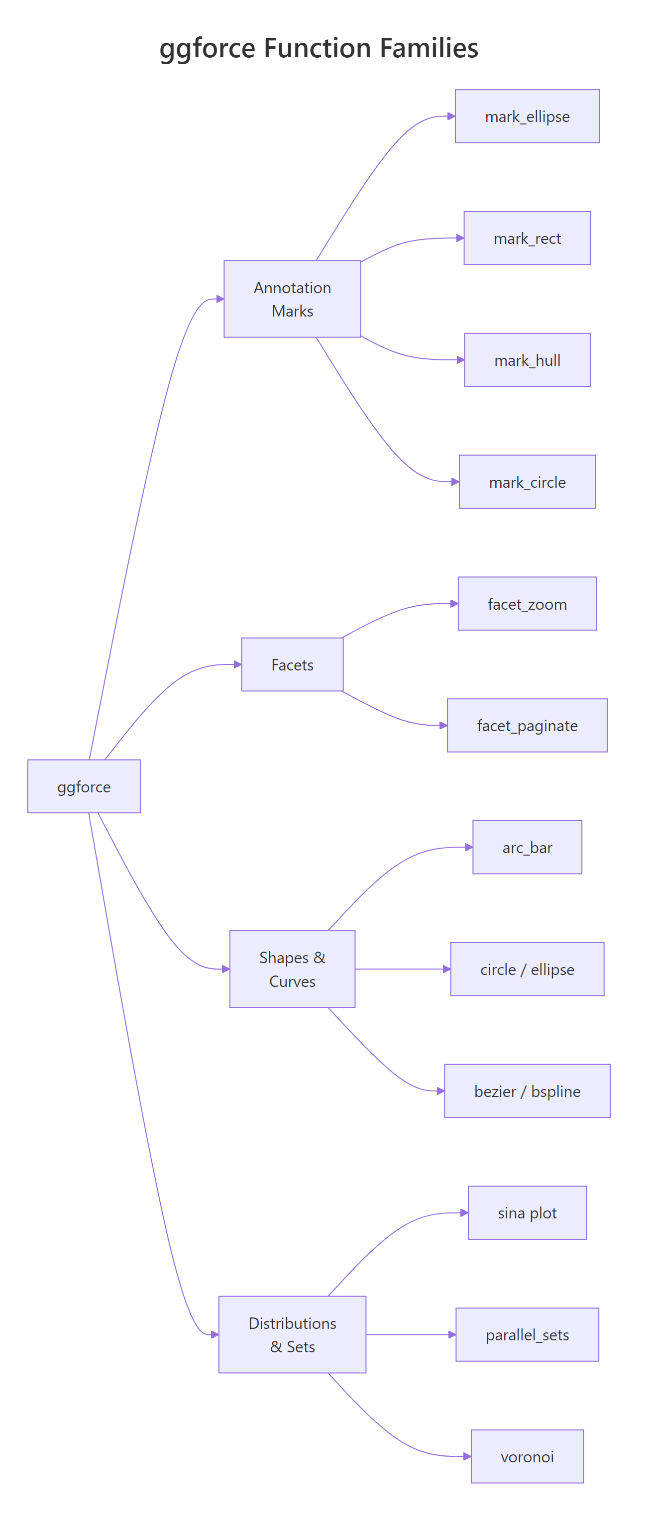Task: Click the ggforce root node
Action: pyautogui.click(x=84, y=786)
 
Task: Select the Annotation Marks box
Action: pyautogui.click(x=292, y=299)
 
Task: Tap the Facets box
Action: pyautogui.click(x=292, y=664)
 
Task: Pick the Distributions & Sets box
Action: pyautogui.click(x=292, y=1334)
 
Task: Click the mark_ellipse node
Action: pyautogui.click(x=527, y=116)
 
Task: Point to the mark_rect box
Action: pyautogui.click(x=527, y=238)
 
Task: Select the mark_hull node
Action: pyautogui.click(x=527, y=360)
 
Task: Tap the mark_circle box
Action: pyautogui.click(x=527, y=482)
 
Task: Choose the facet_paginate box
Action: pyautogui.click(x=527, y=725)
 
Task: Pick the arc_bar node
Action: pyautogui.click(x=527, y=847)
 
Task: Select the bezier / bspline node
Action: pyautogui.click(x=527, y=1091)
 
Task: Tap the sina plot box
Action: pyautogui.click(x=527, y=1212)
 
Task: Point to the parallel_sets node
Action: pyautogui.click(x=527, y=1334)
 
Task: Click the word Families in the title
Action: pyautogui.click(x=429, y=48)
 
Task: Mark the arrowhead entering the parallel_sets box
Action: pyautogui.click(x=452, y=1334)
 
